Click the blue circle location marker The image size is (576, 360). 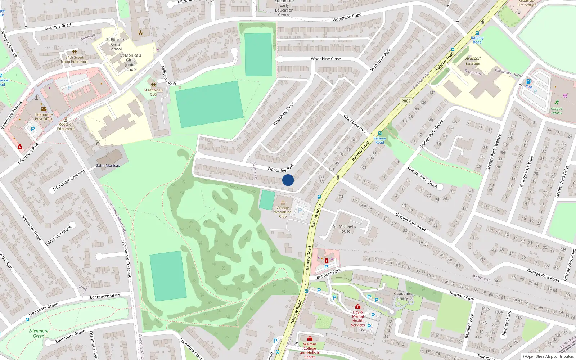tap(288, 180)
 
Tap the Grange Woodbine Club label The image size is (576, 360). tap(283, 212)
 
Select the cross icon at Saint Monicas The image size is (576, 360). tap(108, 159)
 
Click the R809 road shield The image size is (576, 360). tap(406, 101)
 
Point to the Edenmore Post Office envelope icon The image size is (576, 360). tap(44, 109)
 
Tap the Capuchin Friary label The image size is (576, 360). tap(402, 296)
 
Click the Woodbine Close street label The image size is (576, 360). tap(326, 59)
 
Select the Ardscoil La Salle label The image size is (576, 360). tap(473, 61)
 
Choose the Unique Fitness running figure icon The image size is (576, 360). tap(557, 102)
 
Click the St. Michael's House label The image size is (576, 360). tap(345, 229)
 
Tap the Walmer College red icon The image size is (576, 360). tap(310, 338)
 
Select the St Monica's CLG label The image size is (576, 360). tap(153, 92)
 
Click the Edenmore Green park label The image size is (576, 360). tap(39, 333)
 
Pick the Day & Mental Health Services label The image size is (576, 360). tap(358, 319)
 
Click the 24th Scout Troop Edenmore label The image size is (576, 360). tap(75, 59)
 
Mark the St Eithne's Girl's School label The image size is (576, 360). tap(116, 44)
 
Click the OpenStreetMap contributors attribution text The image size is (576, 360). tap(548, 357)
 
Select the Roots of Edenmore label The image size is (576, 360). tap(66, 126)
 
